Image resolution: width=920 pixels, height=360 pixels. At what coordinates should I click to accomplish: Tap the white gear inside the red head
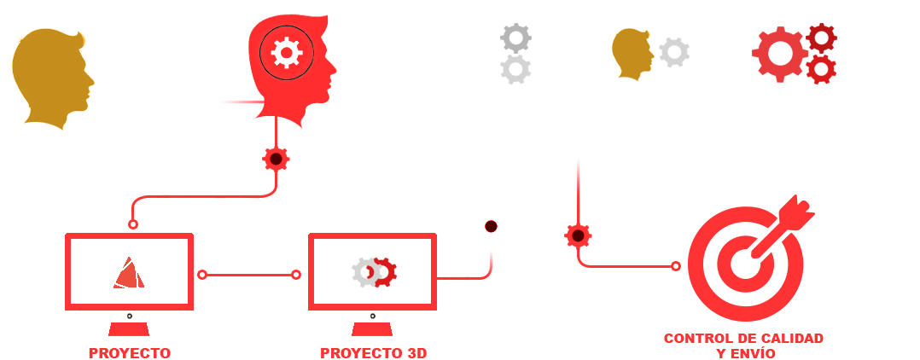pyautogui.click(x=287, y=53)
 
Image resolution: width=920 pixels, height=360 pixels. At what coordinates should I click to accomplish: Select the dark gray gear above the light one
pyautogui.click(x=515, y=38)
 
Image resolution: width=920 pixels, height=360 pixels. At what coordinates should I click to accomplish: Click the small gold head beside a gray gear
pyautogui.click(x=632, y=54)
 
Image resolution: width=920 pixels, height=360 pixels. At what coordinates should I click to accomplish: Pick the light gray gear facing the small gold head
pyautogui.click(x=674, y=52)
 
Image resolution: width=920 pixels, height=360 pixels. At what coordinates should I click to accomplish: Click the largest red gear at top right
pyautogui.click(x=780, y=54)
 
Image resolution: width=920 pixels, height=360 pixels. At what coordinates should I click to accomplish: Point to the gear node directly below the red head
pyautogui.click(x=276, y=159)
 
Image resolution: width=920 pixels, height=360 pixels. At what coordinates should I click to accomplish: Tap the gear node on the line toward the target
pyautogui.click(x=578, y=235)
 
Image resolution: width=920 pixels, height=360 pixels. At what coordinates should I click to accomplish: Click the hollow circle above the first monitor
pyautogui.click(x=133, y=224)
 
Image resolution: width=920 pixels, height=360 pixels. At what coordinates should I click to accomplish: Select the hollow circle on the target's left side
pyautogui.click(x=676, y=266)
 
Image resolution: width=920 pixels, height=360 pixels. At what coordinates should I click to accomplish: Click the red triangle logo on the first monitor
pyautogui.click(x=129, y=273)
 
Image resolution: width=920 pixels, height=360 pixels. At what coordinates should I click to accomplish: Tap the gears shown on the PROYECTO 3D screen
pyautogui.click(x=375, y=273)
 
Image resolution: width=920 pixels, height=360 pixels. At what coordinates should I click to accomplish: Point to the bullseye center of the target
pyautogui.click(x=745, y=265)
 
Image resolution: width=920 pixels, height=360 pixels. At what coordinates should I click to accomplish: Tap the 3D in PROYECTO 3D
pyautogui.click(x=415, y=353)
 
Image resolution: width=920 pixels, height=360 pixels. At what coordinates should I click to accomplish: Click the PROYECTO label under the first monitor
pyautogui.click(x=130, y=353)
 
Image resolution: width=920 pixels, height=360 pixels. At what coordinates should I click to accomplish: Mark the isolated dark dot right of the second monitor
pyautogui.click(x=491, y=226)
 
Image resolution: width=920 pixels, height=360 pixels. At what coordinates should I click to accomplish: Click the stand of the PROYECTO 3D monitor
pyautogui.click(x=373, y=329)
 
